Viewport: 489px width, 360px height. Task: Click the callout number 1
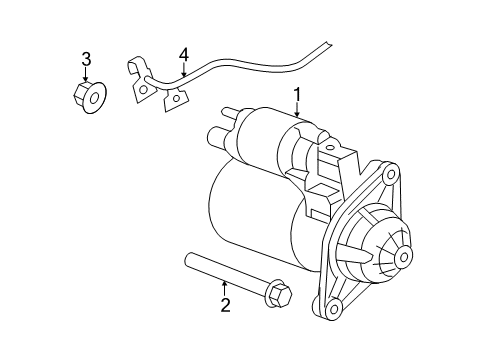[x=297, y=95]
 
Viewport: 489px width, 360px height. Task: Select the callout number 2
[x=226, y=305]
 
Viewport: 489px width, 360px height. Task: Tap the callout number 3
[x=86, y=57]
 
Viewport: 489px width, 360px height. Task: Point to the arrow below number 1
[x=297, y=113]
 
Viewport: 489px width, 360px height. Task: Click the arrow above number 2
[x=226, y=288]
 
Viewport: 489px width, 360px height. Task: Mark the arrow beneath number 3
[x=86, y=75]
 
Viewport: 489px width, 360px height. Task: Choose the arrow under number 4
[x=184, y=69]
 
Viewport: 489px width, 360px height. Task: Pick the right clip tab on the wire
[x=178, y=97]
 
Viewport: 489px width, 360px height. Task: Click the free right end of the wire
[x=328, y=44]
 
